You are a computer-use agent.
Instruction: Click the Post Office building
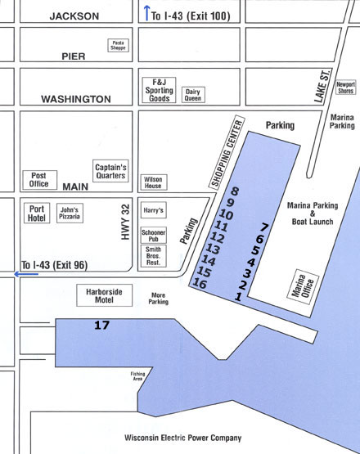(38, 179)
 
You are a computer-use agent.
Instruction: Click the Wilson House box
(154, 182)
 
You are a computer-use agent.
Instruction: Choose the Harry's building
(153, 211)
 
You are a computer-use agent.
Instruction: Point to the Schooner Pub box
(154, 235)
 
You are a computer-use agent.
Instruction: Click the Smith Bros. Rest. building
(154, 257)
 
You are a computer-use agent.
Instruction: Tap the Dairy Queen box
(193, 95)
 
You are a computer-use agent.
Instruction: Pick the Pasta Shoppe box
(119, 46)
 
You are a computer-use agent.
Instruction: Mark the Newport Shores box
(345, 86)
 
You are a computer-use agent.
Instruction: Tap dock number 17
(101, 326)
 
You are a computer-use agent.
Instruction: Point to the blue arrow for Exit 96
(9, 275)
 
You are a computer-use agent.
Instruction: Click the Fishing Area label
(137, 377)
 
